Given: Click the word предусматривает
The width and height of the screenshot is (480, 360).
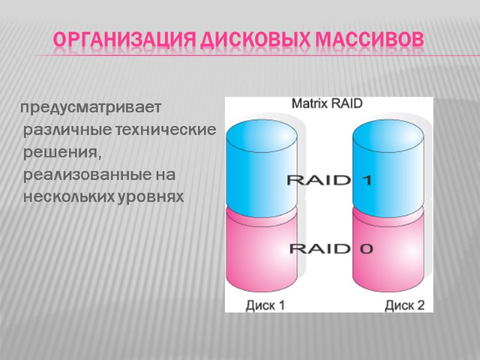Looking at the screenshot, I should pos(91,109).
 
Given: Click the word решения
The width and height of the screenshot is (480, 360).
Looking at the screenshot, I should pos(59,152).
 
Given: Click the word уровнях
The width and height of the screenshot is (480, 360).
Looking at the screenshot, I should pos(149,197).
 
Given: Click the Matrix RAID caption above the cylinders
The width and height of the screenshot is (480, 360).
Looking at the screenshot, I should pos(327,103).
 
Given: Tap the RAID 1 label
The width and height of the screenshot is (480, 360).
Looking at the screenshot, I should pos(329,179).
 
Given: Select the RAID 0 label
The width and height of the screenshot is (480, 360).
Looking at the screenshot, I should pos(329,248).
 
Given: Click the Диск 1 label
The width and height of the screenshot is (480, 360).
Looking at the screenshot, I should pos(265,305).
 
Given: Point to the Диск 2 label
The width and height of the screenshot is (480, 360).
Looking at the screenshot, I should pos(404,305).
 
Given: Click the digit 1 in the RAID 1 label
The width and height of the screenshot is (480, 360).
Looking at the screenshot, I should pos(365,179).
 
